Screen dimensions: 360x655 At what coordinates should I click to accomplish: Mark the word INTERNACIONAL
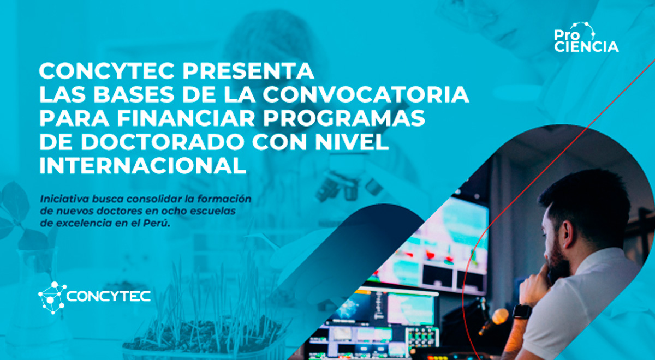tap(142, 166)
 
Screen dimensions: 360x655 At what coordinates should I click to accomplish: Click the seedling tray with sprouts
tap(202, 327)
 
